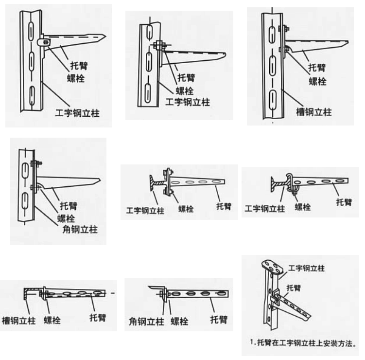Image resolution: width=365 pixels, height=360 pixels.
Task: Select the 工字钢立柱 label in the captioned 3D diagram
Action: tap(306, 268)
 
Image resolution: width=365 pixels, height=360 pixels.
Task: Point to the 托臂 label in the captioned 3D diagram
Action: tap(294, 288)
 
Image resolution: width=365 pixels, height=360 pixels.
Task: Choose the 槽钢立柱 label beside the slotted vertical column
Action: tap(313, 112)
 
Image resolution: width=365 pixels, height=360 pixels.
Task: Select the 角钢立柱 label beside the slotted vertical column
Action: tap(80, 229)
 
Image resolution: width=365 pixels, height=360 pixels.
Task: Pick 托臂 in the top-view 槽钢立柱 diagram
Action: tap(98, 318)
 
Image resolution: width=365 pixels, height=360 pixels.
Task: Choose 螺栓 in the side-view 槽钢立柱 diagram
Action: tap(317, 81)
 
